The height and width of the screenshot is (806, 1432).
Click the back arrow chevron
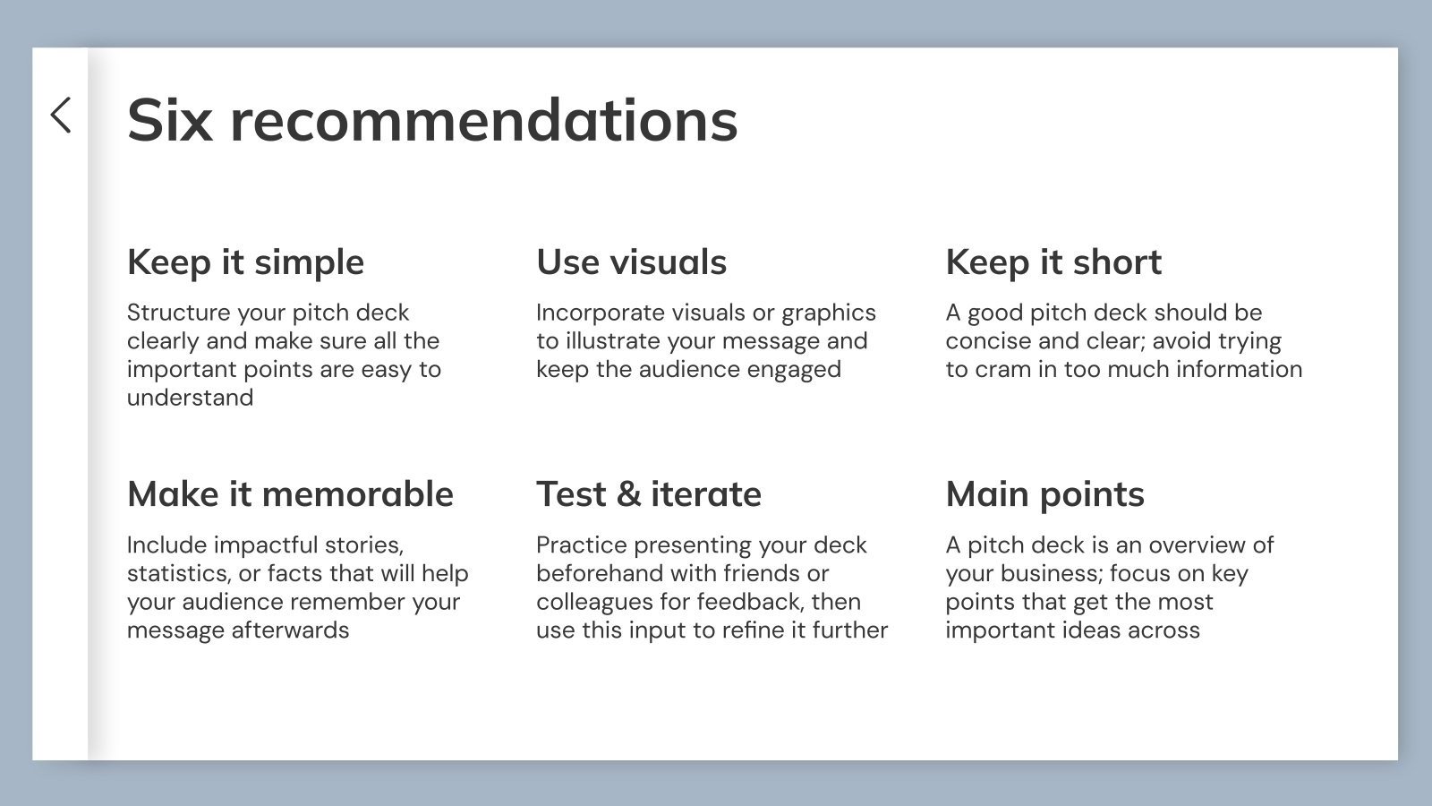coord(61,116)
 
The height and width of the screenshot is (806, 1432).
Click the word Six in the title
coord(170,120)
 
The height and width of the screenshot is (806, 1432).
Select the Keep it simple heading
coord(245,262)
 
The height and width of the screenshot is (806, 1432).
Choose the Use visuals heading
coord(631,262)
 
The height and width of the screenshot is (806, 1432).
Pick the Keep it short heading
coord(1053,262)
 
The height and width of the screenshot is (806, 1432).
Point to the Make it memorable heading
coord(290,494)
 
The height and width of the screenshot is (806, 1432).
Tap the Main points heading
coord(1044,494)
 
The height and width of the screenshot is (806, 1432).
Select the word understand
coord(190,398)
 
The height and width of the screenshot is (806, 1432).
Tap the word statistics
coord(178,573)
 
